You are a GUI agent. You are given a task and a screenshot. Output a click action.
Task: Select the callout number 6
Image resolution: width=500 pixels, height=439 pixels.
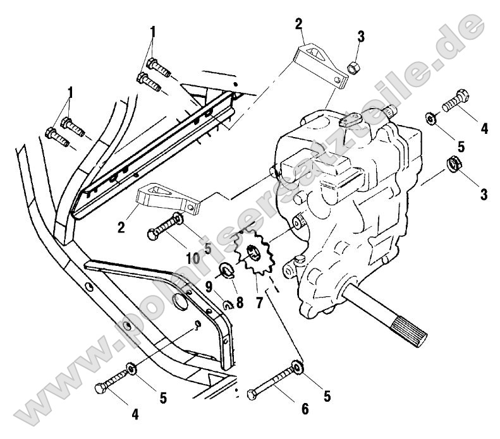coord(305,409)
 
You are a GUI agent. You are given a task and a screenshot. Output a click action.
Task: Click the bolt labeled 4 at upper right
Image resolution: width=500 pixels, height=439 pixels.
coord(455,101)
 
